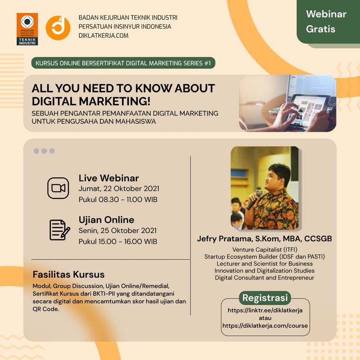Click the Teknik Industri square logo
27,29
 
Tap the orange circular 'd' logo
58,28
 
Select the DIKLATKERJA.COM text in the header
103,36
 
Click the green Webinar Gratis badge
328,22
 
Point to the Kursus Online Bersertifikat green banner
123,63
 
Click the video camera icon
58,188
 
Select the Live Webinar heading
108,178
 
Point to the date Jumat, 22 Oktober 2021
119,189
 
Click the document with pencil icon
60,230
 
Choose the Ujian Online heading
106,220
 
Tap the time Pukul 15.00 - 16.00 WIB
118,242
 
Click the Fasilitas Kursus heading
69,274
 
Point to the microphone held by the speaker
254,200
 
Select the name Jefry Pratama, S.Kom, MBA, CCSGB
265,239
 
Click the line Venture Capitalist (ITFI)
265,250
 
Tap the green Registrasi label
265,298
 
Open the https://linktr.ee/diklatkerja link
265,310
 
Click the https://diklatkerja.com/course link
265,326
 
